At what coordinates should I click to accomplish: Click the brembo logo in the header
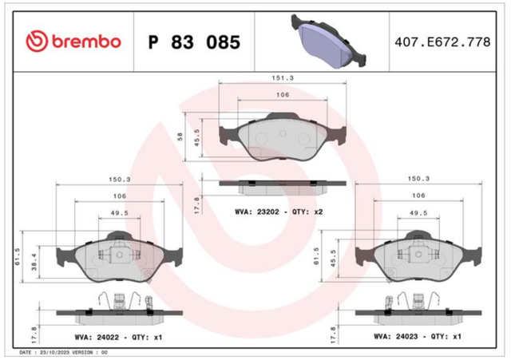(73, 42)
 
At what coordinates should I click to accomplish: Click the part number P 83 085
(194, 42)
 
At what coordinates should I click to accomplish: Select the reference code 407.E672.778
(442, 42)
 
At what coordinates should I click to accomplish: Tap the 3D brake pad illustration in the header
(328, 41)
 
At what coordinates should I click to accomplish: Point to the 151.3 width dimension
(283, 78)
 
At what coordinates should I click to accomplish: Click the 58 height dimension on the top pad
(180, 136)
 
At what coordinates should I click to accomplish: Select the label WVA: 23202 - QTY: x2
(279, 212)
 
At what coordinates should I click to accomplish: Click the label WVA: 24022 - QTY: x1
(118, 337)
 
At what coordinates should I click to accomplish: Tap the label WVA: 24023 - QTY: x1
(418, 336)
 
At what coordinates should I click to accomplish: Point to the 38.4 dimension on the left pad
(34, 263)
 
